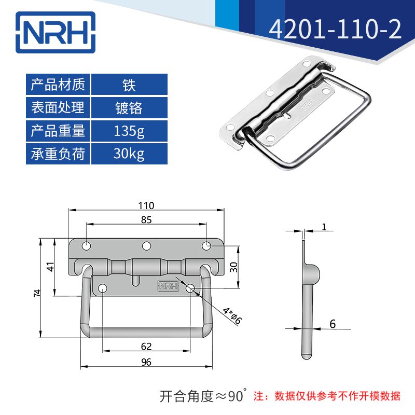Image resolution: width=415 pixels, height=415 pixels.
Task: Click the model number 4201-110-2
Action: click(335, 30)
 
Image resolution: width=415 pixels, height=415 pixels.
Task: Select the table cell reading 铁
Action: click(129, 84)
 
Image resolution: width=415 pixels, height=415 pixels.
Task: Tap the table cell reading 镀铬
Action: click(129, 107)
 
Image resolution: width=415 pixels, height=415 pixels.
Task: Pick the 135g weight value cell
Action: click(129, 131)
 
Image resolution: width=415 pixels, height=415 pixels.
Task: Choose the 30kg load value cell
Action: click(129, 154)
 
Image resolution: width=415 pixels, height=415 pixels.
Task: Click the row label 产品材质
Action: click(58, 84)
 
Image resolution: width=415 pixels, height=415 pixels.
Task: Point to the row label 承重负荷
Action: click(58, 154)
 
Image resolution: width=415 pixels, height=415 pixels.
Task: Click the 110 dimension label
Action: click(146, 205)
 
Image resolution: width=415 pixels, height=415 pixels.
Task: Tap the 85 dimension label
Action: click(146, 219)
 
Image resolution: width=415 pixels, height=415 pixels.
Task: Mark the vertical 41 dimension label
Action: click(50, 267)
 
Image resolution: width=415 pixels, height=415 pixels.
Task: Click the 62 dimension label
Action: click(146, 345)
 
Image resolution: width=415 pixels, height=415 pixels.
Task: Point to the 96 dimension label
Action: click(146, 362)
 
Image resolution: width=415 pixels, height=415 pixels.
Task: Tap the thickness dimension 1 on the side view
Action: click(324, 226)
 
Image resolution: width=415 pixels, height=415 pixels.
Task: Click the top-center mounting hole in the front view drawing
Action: click(147, 245)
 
